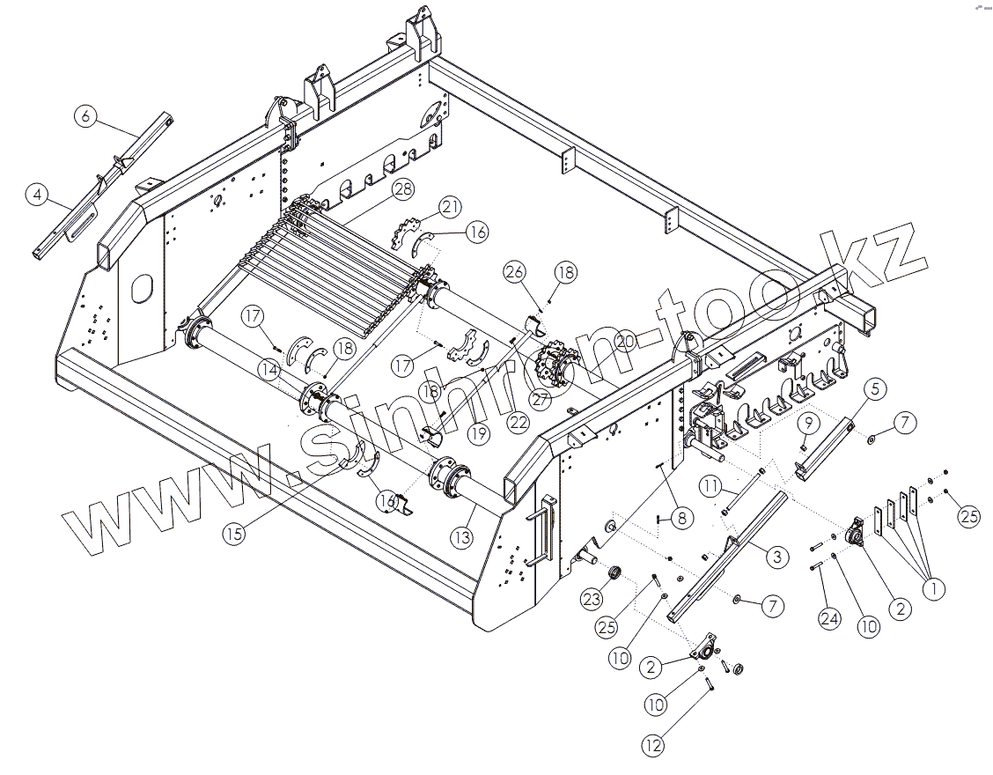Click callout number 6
(85, 115)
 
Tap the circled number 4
(36, 195)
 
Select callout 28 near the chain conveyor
(403, 188)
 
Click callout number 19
(478, 432)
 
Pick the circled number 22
(518, 422)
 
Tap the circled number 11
(711, 485)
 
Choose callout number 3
(776, 556)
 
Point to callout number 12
(651, 747)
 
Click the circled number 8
(681, 519)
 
